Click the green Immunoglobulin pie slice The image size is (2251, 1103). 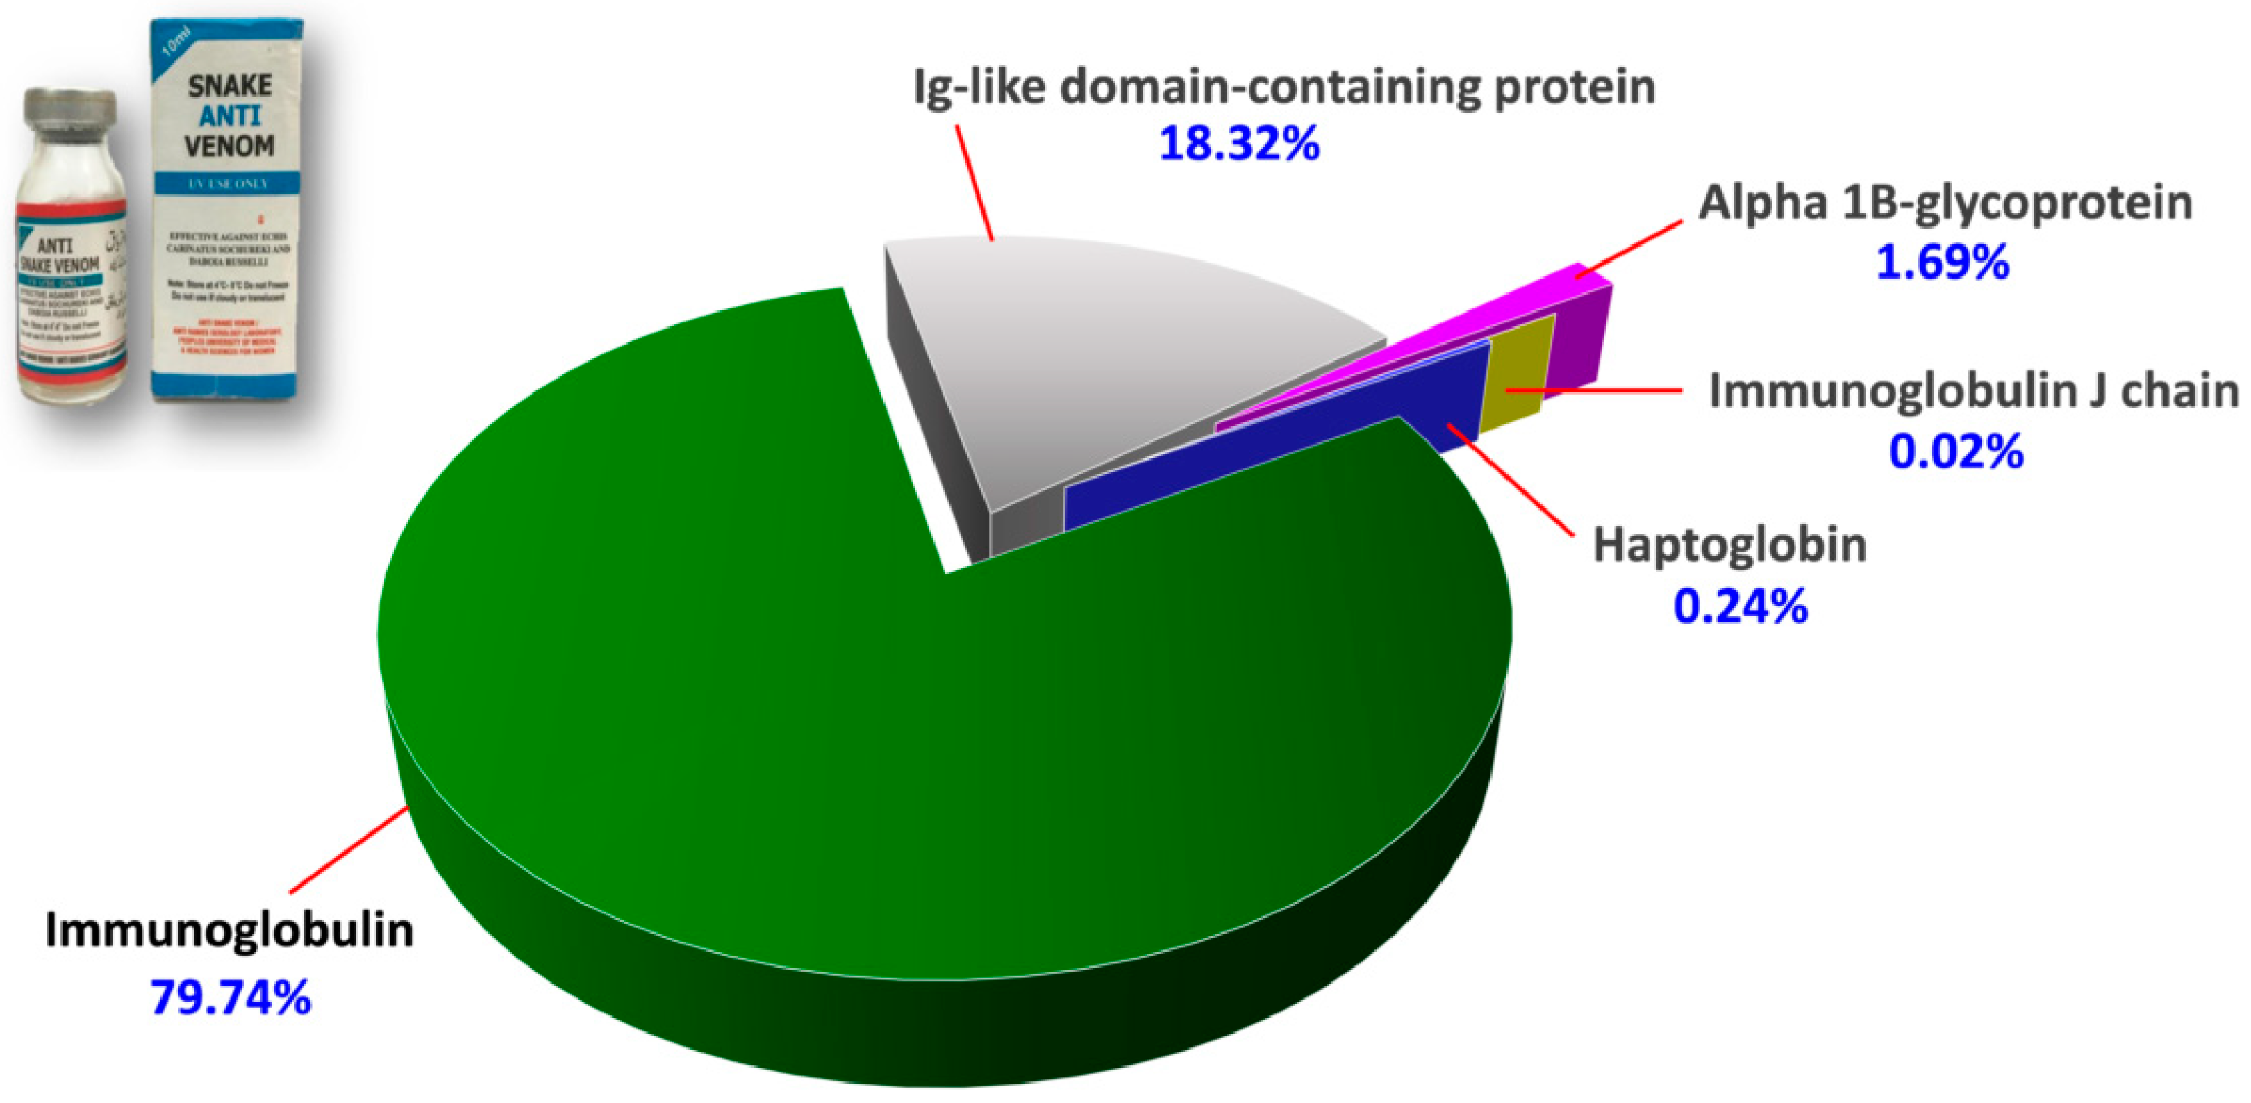tap(874, 699)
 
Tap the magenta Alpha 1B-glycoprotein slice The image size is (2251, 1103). tap(1486, 315)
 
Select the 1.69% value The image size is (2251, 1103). tap(1943, 262)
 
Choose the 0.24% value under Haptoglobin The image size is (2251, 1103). tap(1740, 606)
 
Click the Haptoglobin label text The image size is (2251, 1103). tap(1729, 545)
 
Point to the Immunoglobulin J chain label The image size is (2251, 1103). tap(1973, 390)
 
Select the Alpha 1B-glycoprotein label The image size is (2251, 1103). tap(1945, 203)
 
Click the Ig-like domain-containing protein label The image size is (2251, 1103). tap(1284, 87)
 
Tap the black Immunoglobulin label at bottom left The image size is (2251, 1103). tap(229, 930)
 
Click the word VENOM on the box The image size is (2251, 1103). tap(230, 145)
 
